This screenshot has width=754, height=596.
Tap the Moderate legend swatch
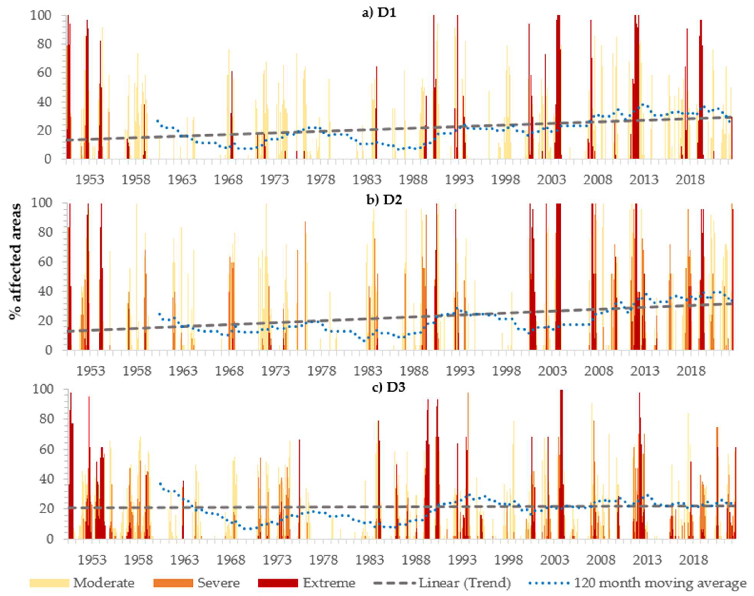tap(50, 583)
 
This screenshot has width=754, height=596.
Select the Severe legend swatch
tap(173, 583)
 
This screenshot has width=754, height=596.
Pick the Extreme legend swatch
tap(278, 583)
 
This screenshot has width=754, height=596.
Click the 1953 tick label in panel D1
tap(90, 180)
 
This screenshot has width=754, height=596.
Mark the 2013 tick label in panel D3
tap(646, 560)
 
